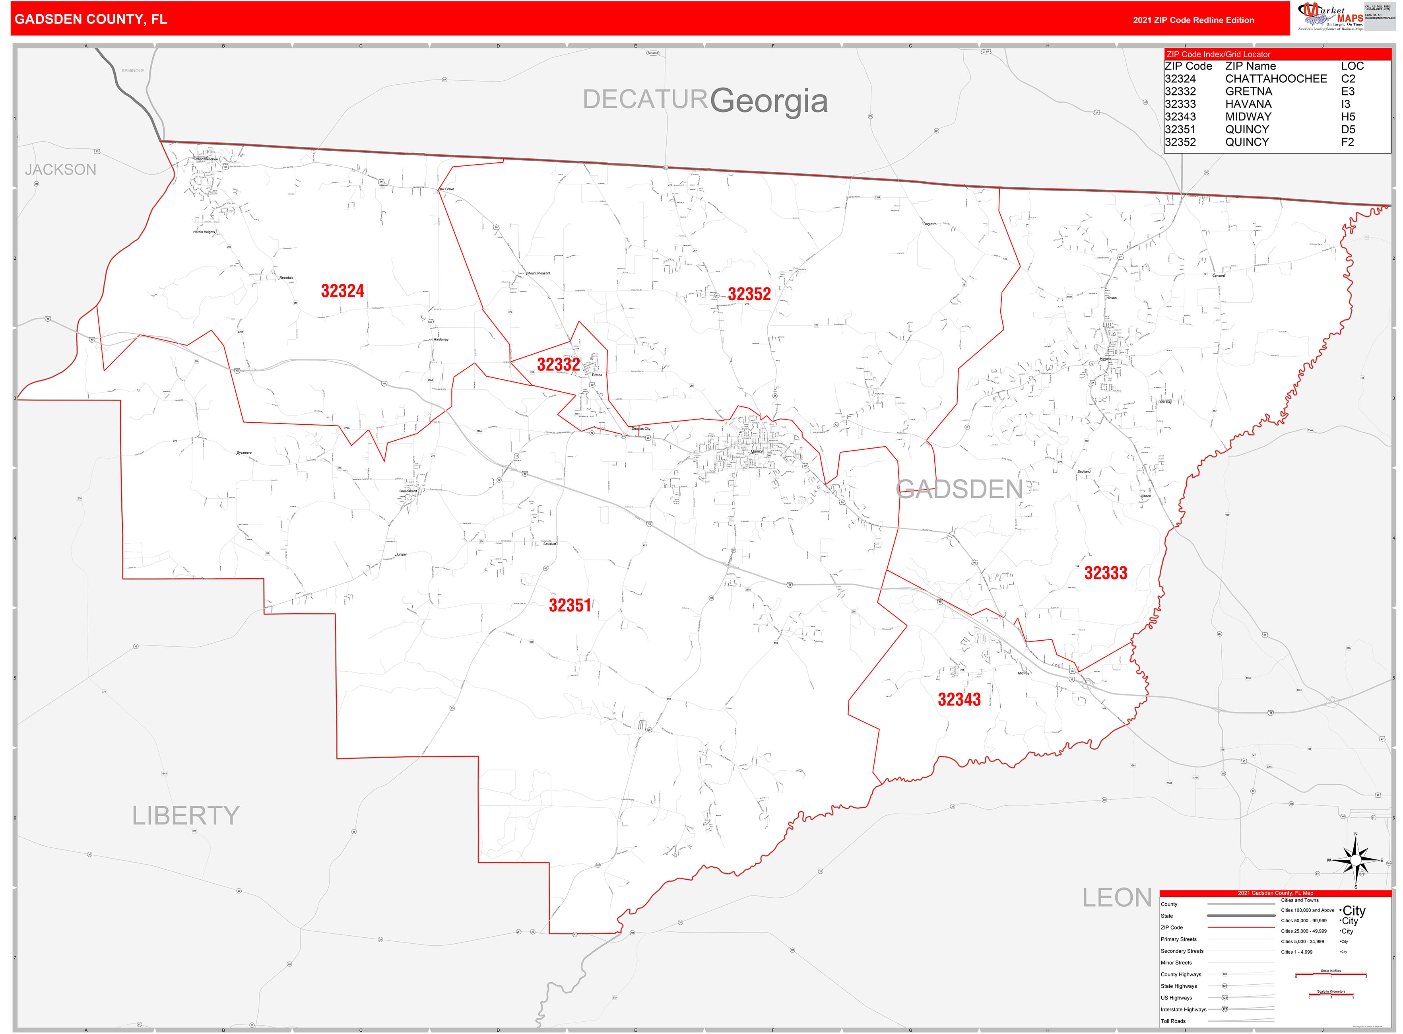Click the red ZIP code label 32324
tap(342, 291)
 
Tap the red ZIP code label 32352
tap(749, 294)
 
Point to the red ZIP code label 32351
tap(569, 605)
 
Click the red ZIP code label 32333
tap(1105, 573)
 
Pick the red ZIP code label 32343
tap(959, 699)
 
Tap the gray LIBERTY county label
tap(186, 816)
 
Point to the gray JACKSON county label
tap(61, 170)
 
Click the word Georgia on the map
tap(768, 101)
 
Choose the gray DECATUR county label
tap(644, 99)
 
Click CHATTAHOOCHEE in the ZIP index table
tap(1275, 79)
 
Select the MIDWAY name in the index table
tap(1248, 117)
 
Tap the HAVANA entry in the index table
tap(1248, 104)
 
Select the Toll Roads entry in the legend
tap(1173, 1021)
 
